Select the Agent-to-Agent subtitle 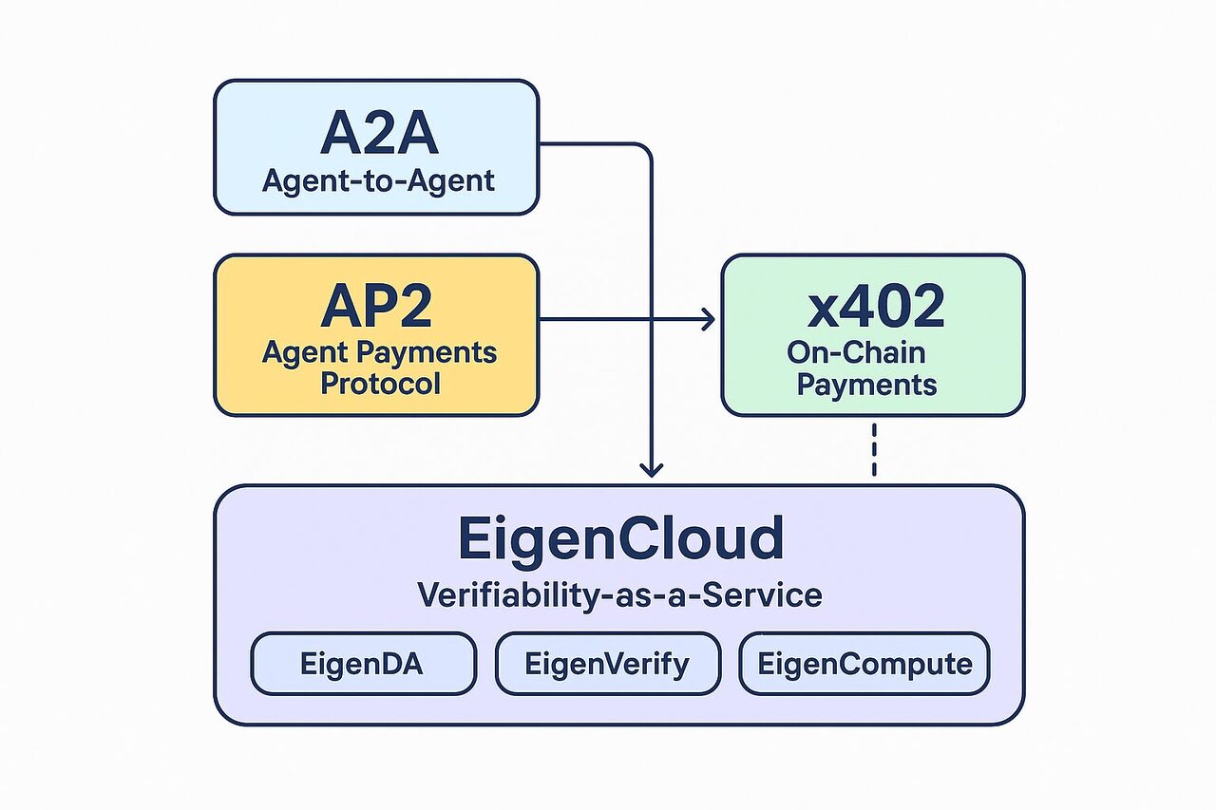pos(378,179)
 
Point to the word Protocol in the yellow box pos(380,384)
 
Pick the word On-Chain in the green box pos(855,352)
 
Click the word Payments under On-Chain pos(866,385)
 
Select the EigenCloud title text pos(620,538)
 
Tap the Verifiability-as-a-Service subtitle pos(619,595)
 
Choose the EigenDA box pos(362,663)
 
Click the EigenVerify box pos(606,663)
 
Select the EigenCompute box pos(864,663)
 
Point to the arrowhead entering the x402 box pos(709,320)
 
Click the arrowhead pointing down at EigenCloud pos(652,468)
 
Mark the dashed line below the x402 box pos(873,451)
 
